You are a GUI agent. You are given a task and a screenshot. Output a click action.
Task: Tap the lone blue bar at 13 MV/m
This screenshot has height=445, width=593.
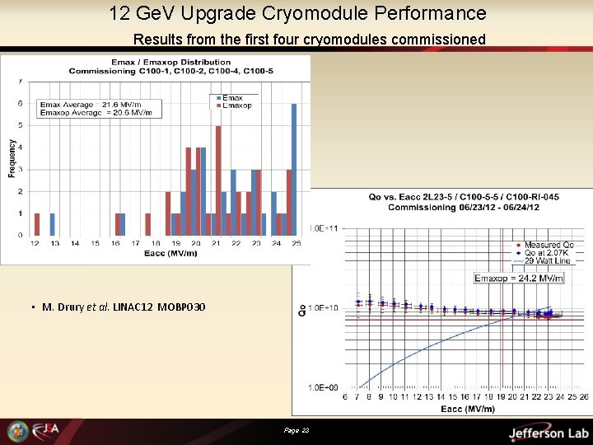click(52, 224)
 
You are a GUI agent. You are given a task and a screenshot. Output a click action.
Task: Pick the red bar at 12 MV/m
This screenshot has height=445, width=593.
click(37, 224)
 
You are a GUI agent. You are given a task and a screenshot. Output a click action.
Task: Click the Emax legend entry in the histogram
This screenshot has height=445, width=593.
click(231, 98)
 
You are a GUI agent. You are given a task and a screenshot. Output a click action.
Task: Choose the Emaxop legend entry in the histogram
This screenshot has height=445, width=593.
click(236, 105)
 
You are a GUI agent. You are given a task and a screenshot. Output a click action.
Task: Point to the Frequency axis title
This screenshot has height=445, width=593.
click(12, 157)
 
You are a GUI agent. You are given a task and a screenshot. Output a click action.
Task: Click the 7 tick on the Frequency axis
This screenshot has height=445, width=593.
click(21, 82)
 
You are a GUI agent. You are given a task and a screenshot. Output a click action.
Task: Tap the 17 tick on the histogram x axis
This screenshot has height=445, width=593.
click(136, 244)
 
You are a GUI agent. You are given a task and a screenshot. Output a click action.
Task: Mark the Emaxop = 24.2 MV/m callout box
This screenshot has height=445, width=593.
click(519, 279)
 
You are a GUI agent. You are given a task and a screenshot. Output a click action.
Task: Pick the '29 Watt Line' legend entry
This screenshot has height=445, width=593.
click(544, 260)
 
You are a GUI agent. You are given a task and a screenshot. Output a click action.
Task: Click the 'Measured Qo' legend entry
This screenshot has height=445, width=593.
click(547, 246)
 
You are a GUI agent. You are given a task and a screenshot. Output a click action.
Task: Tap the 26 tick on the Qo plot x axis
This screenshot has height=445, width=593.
click(584, 396)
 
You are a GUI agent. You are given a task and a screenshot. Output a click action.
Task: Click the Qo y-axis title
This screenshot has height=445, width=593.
click(301, 309)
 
